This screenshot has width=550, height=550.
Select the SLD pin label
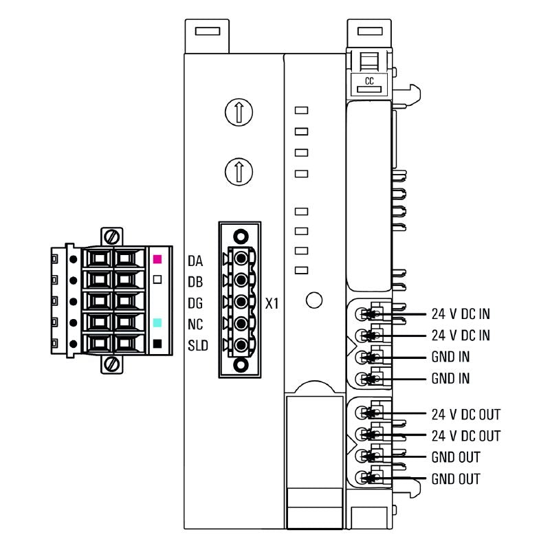[x=198, y=345]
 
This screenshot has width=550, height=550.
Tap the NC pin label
[x=195, y=324]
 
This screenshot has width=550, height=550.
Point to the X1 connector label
[x=272, y=302]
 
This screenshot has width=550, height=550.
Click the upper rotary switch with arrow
[x=239, y=111]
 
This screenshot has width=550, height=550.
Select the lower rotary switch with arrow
[x=239, y=169]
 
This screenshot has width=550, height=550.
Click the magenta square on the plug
[x=157, y=260]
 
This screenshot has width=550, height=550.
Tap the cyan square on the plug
[x=157, y=322]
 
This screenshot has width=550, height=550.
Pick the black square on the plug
[x=157, y=343]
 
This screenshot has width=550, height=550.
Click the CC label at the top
[x=369, y=82]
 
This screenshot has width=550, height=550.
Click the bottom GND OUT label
[x=455, y=478]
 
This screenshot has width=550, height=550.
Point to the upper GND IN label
[x=450, y=357]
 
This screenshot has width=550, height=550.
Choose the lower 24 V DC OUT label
[x=465, y=436]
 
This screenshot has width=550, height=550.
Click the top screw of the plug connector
[x=111, y=237]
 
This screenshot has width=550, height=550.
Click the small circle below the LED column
[x=313, y=300]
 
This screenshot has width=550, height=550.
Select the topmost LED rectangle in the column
[x=300, y=110]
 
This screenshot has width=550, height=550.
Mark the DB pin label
[x=195, y=281]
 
